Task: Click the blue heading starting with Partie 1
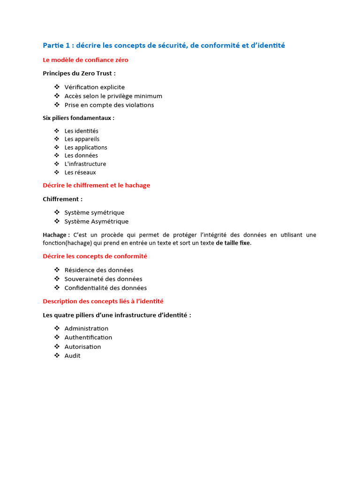pos(164,45)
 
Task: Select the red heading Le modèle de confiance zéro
pos(85,60)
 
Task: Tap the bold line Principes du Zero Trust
pos(79,73)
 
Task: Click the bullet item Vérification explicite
pos(94,87)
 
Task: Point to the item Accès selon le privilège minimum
pos(113,96)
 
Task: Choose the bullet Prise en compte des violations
pos(109,105)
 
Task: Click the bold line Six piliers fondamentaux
pos(78,118)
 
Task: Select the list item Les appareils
pos(82,139)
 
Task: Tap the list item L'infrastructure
pos(85,164)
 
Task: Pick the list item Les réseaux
pos(80,172)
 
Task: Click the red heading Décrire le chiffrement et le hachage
pos(96,185)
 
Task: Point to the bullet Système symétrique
pos(94,212)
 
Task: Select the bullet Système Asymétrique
pos(96,221)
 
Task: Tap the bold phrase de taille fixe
pos(233,243)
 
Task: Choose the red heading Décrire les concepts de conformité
pos(95,256)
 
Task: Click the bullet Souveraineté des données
pos(103,279)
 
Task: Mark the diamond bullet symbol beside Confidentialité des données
pos(57,288)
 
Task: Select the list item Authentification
pos(88,337)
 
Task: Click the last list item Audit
pos(72,356)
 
